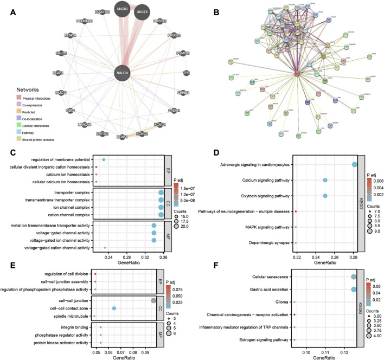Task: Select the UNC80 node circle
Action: pyautogui.click(x=122, y=9)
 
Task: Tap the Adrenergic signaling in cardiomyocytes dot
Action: pyautogui.click(x=355, y=164)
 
